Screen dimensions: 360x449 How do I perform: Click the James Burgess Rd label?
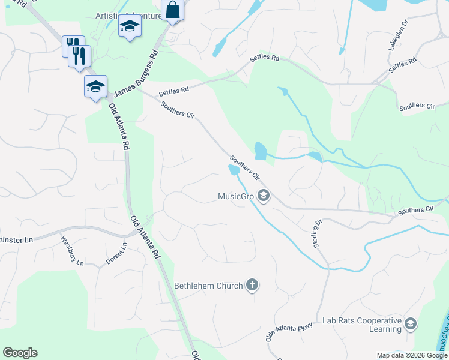136,73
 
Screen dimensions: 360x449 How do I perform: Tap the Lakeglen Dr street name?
398,35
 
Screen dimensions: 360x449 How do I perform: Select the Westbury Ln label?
72,250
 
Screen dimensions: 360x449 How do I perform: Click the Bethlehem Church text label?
208,286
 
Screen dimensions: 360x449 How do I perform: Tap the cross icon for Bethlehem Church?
252,285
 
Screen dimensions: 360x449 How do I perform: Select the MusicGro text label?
237,196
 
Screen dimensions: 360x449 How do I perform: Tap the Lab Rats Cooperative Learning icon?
411,325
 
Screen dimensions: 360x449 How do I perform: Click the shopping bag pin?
172,10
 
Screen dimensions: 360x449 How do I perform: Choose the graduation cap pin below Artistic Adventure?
130,27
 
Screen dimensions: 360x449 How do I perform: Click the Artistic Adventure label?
128,15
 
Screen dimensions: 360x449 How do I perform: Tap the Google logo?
20,353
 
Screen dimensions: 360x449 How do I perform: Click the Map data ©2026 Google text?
411,355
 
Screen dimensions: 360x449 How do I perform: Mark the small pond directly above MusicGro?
234,170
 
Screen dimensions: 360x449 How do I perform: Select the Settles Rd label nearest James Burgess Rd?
173,91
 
